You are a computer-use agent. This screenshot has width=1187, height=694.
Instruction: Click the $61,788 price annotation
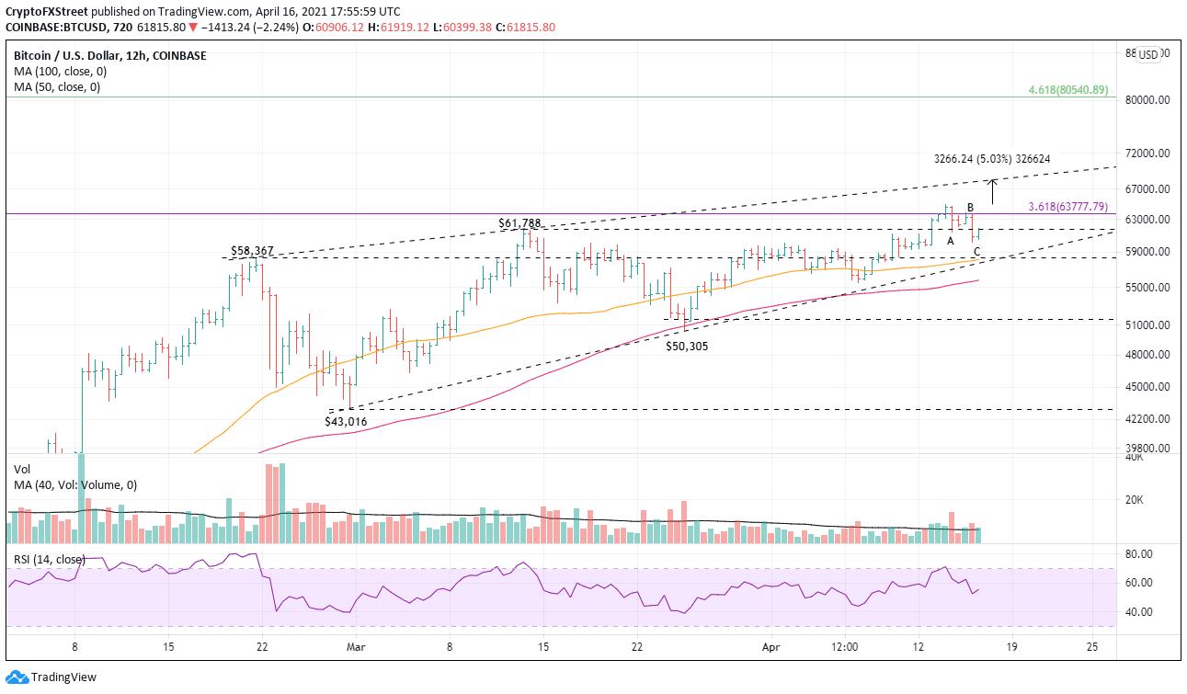519,222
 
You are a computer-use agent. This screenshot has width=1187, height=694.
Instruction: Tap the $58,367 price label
252,251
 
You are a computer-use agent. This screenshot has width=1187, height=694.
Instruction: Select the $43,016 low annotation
346,421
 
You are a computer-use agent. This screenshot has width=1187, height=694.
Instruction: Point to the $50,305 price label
688,346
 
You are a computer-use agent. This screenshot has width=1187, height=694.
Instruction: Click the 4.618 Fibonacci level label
1067,90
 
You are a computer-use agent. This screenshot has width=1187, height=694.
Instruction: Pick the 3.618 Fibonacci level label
1067,206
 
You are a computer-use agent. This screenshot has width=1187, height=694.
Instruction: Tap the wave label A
951,240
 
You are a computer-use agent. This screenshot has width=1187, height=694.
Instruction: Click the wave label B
970,207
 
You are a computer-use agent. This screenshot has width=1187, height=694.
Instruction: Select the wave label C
976,252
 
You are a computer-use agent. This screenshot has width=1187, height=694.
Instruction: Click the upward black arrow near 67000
993,191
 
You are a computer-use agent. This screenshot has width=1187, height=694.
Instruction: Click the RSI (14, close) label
48,559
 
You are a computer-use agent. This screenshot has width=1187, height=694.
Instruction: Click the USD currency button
1148,54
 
